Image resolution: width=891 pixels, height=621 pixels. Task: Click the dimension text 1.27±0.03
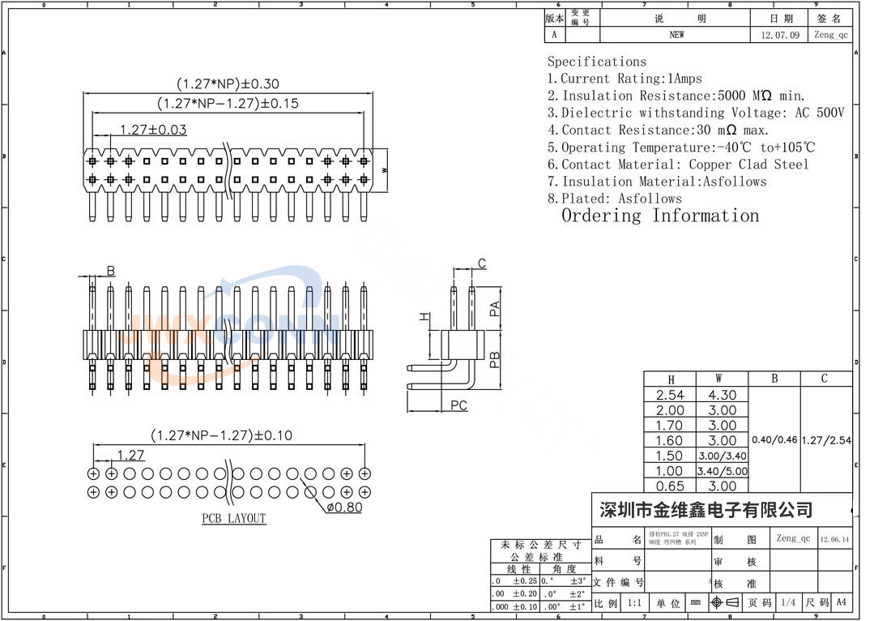point(153,130)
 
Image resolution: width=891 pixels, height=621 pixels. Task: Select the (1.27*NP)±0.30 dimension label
point(228,84)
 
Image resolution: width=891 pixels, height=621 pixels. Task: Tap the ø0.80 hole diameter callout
point(344,508)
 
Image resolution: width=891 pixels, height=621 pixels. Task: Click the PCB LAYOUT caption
point(234,519)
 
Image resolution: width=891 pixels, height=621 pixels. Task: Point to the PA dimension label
point(496,308)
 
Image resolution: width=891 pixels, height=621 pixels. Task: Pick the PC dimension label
point(458,405)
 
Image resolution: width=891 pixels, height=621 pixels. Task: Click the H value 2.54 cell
point(670,396)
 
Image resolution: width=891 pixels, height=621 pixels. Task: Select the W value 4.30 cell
point(723,396)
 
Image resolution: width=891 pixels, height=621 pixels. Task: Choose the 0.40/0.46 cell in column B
point(775,440)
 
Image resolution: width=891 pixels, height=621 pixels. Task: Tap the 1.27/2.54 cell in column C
point(826,440)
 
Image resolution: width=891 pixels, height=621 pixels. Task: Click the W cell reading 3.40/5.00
point(723,471)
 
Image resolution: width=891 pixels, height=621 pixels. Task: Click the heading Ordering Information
point(660,216)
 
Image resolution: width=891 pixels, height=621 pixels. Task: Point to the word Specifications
point(597,62)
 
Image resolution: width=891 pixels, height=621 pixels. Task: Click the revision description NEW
point(676,35)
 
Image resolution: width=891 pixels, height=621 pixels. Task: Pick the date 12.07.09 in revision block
point(780,36)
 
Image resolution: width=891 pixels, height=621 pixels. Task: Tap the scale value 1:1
point(634,603)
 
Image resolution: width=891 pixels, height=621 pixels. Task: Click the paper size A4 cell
point(841,602)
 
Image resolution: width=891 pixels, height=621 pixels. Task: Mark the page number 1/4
point(787,603)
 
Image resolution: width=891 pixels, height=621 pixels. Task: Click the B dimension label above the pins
point(111,270)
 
